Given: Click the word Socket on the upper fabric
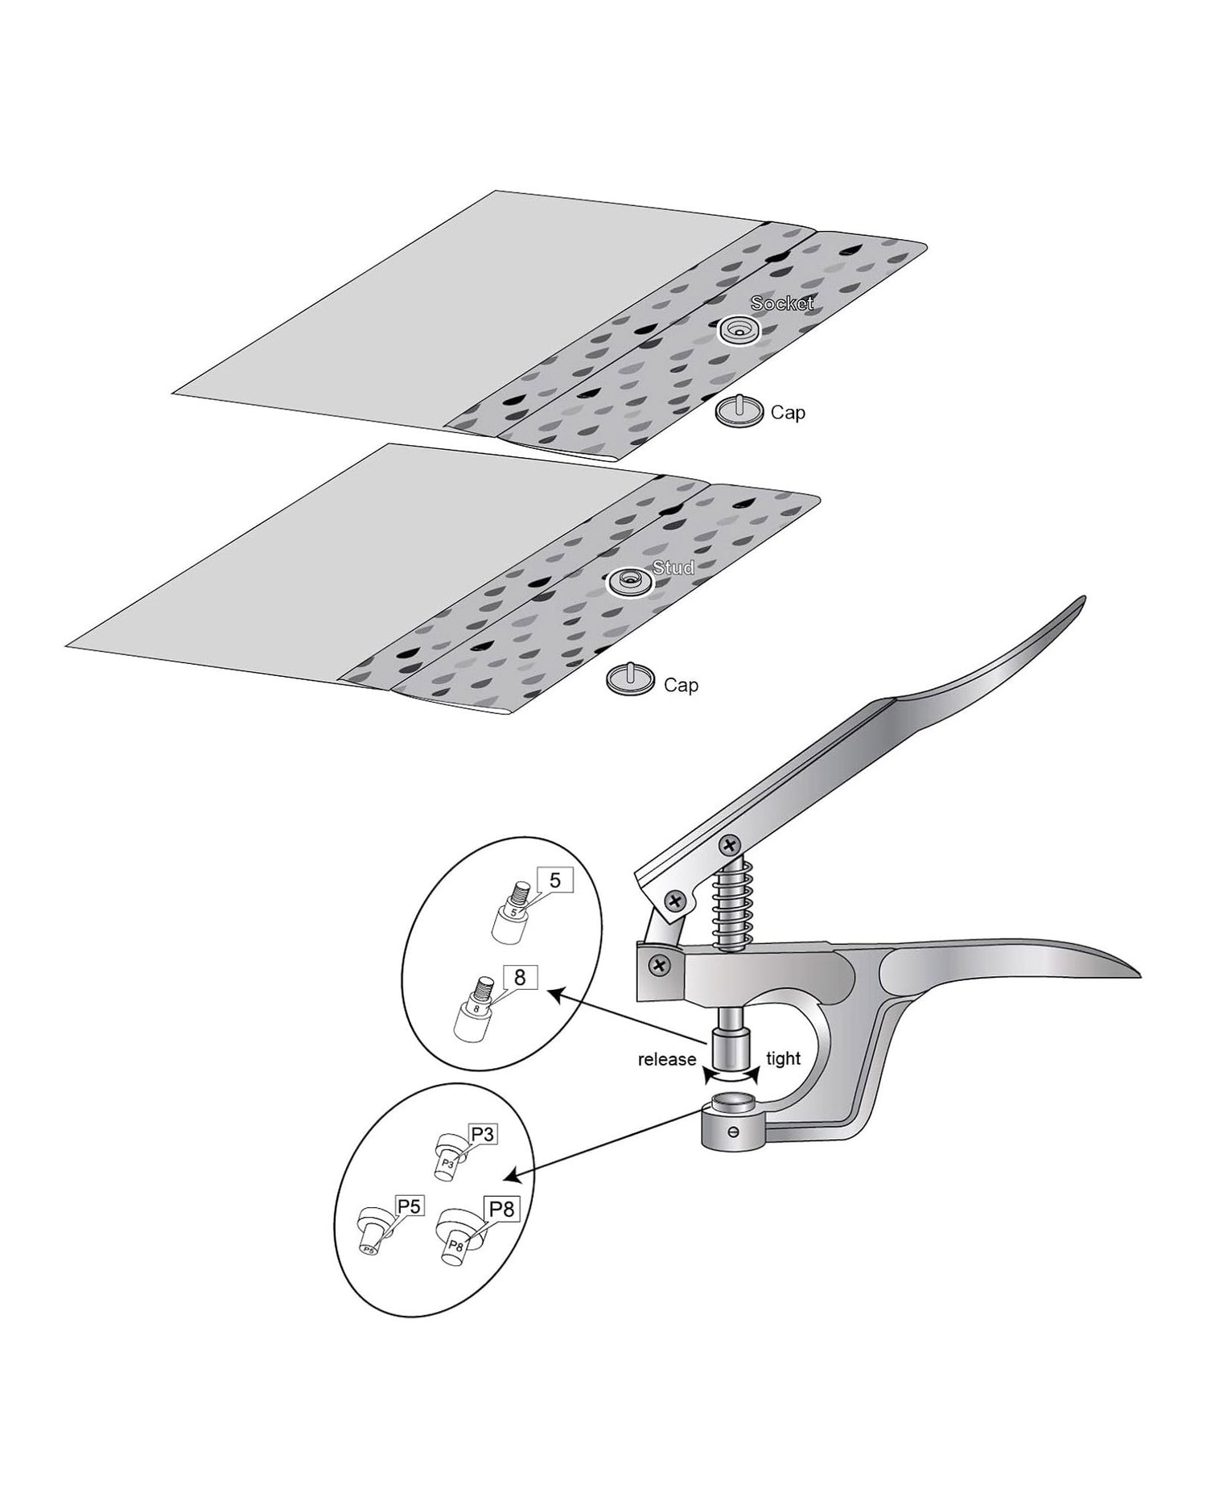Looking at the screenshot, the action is pos(782,303).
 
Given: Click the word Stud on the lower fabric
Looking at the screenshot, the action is pos(674,567).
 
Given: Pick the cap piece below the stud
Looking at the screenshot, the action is pos(629,679).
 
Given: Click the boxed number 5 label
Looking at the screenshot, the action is pos(554,880).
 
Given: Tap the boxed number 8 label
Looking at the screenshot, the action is pos(520,977).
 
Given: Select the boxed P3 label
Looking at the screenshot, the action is pos(483,1134).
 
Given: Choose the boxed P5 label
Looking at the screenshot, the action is pos(410,1206).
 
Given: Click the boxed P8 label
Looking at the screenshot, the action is pos(501,1209).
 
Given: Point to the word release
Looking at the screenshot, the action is pos(667,1059).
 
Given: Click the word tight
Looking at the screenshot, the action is pos(784,1058).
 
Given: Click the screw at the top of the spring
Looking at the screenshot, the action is pos(731,845).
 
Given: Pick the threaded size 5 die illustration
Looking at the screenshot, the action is pos(509,913).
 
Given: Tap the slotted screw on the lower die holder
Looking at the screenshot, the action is pos(733,1132).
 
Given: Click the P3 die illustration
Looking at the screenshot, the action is pos(449,1156).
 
